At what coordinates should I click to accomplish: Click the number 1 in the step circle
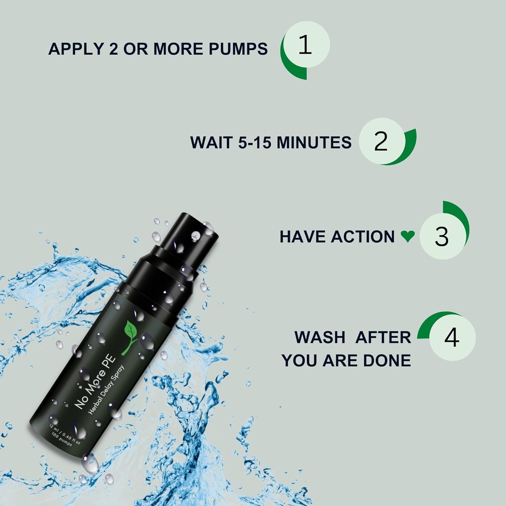click(305, 45)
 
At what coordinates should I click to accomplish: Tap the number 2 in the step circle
click(381, 142)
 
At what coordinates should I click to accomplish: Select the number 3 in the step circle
click(442, 236)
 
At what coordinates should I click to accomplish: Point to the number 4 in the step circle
click(451, 337)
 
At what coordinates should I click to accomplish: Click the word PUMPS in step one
click(238, 49)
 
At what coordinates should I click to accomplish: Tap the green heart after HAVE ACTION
click(407, 236)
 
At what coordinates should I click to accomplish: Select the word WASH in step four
click(320, 337)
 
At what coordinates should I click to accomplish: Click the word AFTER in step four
click(383, 337)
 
